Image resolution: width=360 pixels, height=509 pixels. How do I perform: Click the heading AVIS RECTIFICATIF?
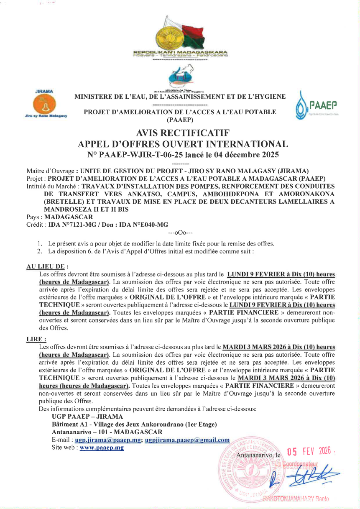(x=183, y=133)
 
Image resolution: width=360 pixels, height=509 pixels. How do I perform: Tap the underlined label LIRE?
(x=36, y=340)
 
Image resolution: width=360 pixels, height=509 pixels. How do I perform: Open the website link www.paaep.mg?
(x=102, y=448)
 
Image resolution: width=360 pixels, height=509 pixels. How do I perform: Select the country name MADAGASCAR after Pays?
(x=69, y=217)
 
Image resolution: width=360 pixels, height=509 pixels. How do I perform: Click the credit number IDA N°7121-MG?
(x=75, y=225)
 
